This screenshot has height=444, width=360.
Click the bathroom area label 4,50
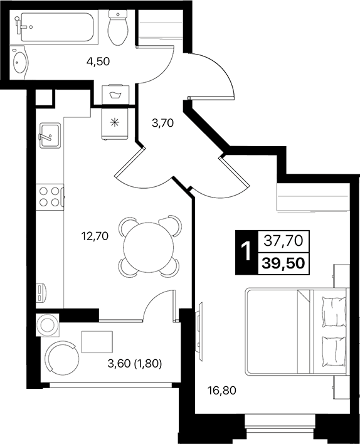(98, 61)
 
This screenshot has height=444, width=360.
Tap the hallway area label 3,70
(162, 123)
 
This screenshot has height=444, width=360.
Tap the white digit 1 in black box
(246, 251)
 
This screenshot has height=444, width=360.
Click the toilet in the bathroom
(117, 28)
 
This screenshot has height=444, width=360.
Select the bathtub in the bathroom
(55, 28)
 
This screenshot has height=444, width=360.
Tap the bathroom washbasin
(21, 63)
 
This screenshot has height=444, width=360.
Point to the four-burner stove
(50, 196)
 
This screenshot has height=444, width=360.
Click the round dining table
(148, 246)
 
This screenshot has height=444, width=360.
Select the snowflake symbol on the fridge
(114, 122)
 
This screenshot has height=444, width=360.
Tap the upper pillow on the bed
(332, 311)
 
